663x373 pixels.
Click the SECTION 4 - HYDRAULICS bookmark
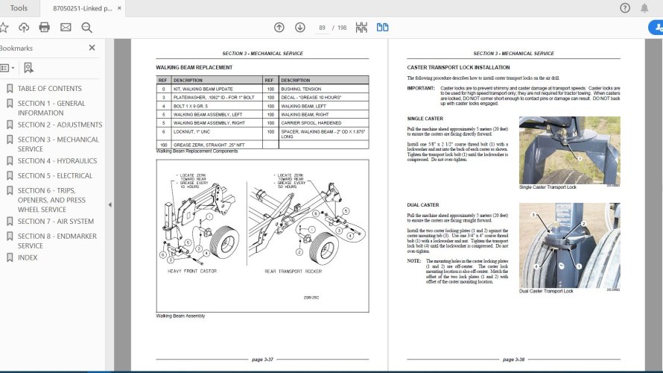(57, 160)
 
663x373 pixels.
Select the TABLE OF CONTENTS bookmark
(49, 88)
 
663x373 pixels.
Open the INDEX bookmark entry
(28, 257)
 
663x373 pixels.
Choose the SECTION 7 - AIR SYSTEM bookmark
(55, 221)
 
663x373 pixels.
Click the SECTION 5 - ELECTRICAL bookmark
(55, 175)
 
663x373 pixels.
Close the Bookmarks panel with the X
(92, 48)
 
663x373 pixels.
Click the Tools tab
(19, 8)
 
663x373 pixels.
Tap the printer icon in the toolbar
(45, 28)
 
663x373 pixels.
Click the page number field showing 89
(323, 28)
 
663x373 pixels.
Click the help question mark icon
(624, 8)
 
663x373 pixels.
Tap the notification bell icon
(644, 8)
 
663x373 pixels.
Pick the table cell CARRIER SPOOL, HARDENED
(310, 122)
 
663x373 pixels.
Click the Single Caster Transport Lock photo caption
(548, 187)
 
